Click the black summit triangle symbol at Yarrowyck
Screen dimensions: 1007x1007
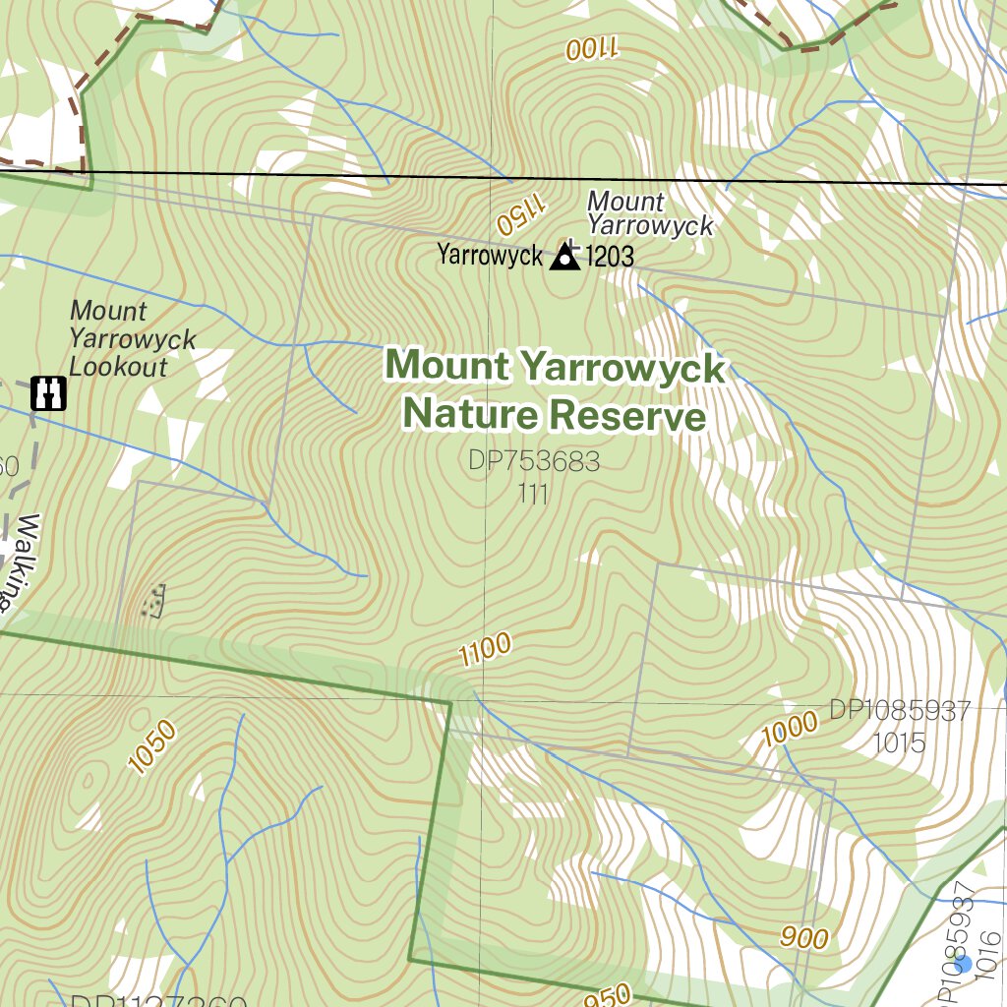pos(564,258)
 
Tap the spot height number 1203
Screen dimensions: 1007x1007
pos(610,258)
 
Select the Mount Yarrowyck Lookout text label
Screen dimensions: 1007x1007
pos(132,339)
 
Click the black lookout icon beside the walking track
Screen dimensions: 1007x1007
pos(48,392)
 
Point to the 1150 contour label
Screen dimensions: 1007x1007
pos(519,213)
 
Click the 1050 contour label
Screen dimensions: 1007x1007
pos(152,746)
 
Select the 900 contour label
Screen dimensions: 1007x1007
pos(804,938)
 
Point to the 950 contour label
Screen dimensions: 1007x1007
pos(608,996)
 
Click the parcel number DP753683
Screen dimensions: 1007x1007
pos(534,461)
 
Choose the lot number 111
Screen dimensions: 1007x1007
pos(532,494)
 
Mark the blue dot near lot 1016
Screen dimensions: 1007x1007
pos(964,964)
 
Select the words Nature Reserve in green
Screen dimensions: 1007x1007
pos(555,415)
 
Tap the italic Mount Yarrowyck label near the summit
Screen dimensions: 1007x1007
pos(649,213)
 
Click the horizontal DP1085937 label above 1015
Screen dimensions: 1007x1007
pos(899,710)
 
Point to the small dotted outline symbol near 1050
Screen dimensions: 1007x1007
pos(153,601)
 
